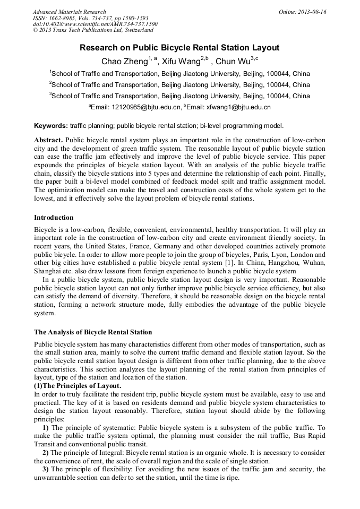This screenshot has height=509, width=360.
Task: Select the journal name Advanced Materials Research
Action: (x=69, y=12)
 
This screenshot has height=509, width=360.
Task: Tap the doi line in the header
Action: (x=95, y=24)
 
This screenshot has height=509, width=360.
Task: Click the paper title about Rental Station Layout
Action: (x=179, y=48)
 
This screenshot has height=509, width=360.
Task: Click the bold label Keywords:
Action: (x=51, y=126)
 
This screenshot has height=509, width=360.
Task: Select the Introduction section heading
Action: (x=54, y=218)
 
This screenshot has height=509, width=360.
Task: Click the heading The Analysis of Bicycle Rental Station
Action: (x=93, y=332)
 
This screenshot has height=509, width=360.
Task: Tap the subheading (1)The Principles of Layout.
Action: (x=78, y=385)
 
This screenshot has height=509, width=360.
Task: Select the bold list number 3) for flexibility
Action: (x=46, y=470)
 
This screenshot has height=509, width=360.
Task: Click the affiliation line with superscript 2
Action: (x=179, y=85)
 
